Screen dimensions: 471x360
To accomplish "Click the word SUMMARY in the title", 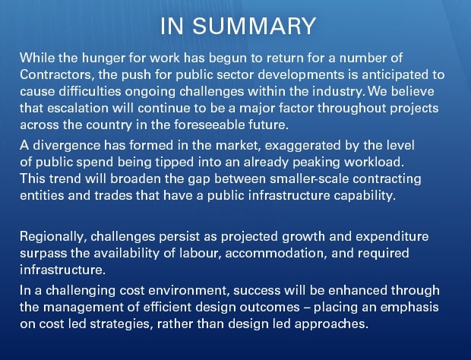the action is point(254,27).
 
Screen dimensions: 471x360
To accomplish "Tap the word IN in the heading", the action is point(172,27).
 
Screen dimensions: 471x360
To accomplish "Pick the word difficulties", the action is point(90,92).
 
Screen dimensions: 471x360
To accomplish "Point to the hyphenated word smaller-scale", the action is point(309,179).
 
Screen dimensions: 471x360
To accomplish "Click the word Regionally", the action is point(53,238).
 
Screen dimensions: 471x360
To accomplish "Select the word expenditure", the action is point(392,238).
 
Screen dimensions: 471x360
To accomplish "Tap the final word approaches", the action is point(331,324).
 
